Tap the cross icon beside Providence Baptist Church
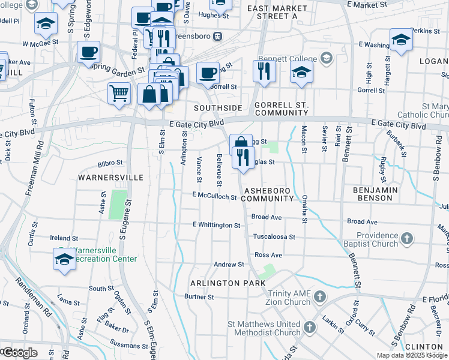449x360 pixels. point(407,239)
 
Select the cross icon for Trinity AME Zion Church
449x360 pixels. point(320,296)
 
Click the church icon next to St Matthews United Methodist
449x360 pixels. point(310,328)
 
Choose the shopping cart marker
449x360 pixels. point(119,93)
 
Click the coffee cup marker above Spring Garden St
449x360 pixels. point(88,52)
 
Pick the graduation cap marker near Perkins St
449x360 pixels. point(401,40)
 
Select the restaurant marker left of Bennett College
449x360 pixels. point(264,70)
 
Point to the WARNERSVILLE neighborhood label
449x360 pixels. point(110,178)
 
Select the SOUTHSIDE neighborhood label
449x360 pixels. point(218,108)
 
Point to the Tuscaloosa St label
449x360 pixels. point(274,237)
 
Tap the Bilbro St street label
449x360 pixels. point(110,163)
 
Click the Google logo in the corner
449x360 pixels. point(20,352)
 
